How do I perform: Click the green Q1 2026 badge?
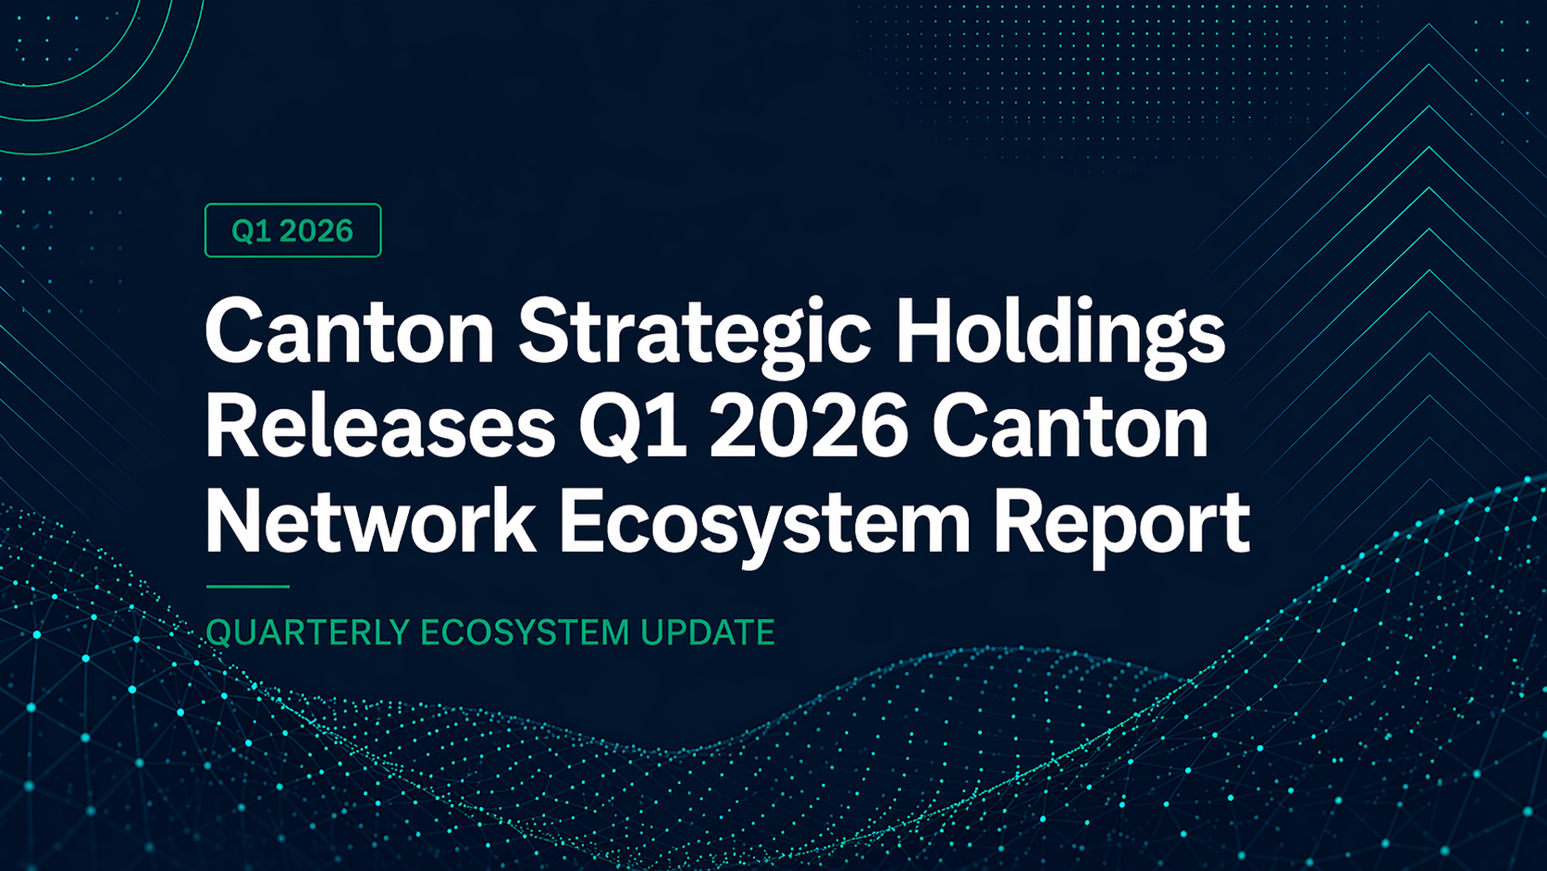292,230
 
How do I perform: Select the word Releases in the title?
380,427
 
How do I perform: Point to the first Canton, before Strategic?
350,330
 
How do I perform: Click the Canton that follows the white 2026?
1070,427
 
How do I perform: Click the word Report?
1121,529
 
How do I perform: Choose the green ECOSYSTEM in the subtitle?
525,633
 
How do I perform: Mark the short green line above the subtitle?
247,587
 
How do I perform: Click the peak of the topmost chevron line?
1429,24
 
